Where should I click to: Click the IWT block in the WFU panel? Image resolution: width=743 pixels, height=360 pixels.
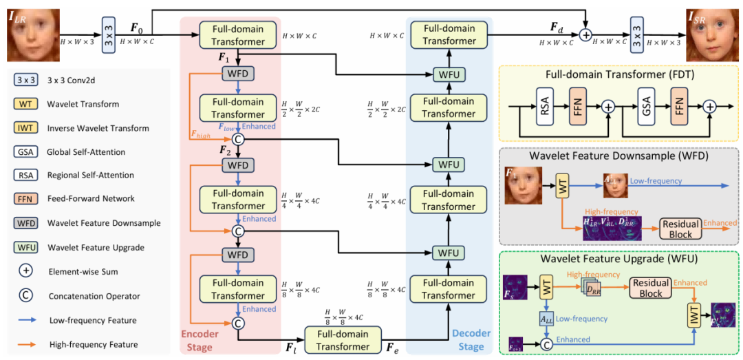[694, 316]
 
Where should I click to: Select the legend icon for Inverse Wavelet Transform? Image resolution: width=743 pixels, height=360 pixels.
[23, 127]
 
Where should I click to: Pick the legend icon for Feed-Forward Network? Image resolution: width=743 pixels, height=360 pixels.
[23, 198]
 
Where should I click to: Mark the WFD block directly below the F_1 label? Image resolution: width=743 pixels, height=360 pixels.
[235, 73]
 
